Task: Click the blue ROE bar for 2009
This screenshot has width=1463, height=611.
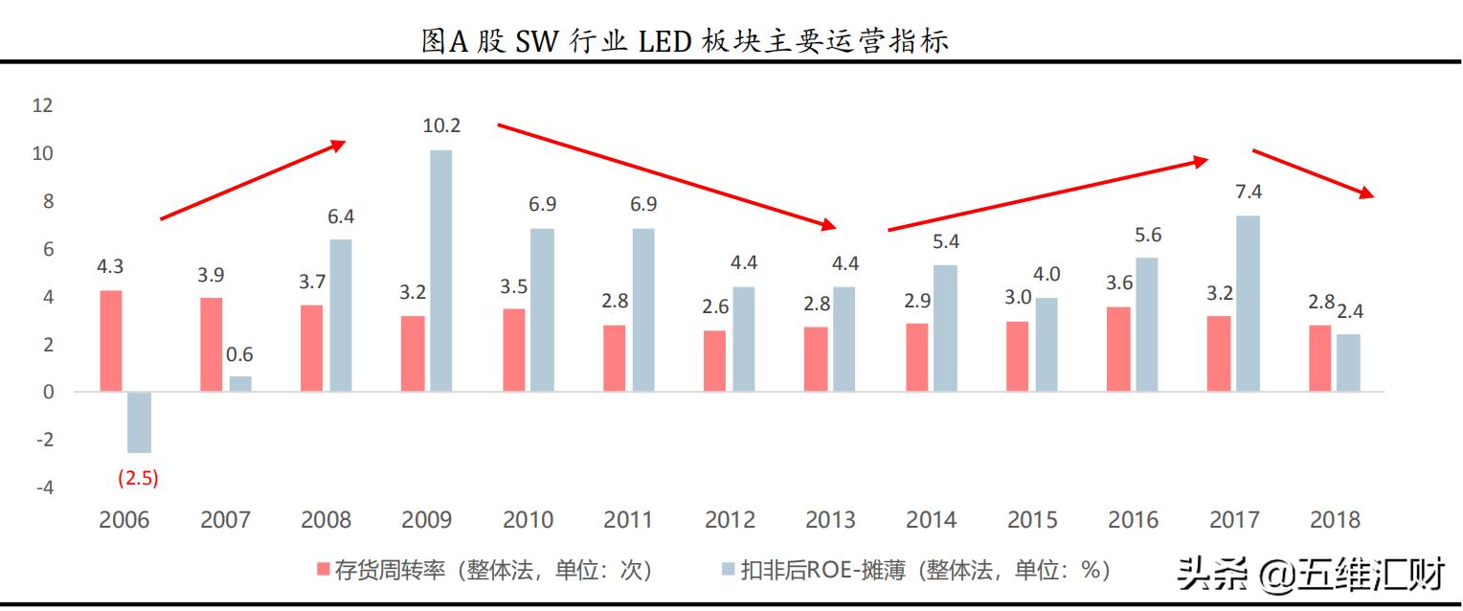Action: pos(440,270)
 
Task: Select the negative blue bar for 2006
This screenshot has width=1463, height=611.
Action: pos(139,422)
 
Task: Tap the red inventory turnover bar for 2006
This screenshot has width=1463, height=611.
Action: pos(112,341)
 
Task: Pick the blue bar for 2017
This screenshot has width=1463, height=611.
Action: pos(1248,304)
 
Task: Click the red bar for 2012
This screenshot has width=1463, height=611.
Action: pos(714,361)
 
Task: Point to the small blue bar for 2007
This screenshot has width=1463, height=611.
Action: pos(240,384)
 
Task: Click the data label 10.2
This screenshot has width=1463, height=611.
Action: pos(441,125)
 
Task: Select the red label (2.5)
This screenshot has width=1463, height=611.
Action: pos(137,478)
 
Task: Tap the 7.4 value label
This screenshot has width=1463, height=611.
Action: pos(1248,192)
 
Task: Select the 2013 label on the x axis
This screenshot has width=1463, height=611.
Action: pos(830,520)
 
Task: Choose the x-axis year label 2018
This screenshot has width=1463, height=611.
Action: pos(1335,520)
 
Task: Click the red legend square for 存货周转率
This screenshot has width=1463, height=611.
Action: pos(324,571)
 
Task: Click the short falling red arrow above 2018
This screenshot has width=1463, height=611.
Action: pos(1314,173)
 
